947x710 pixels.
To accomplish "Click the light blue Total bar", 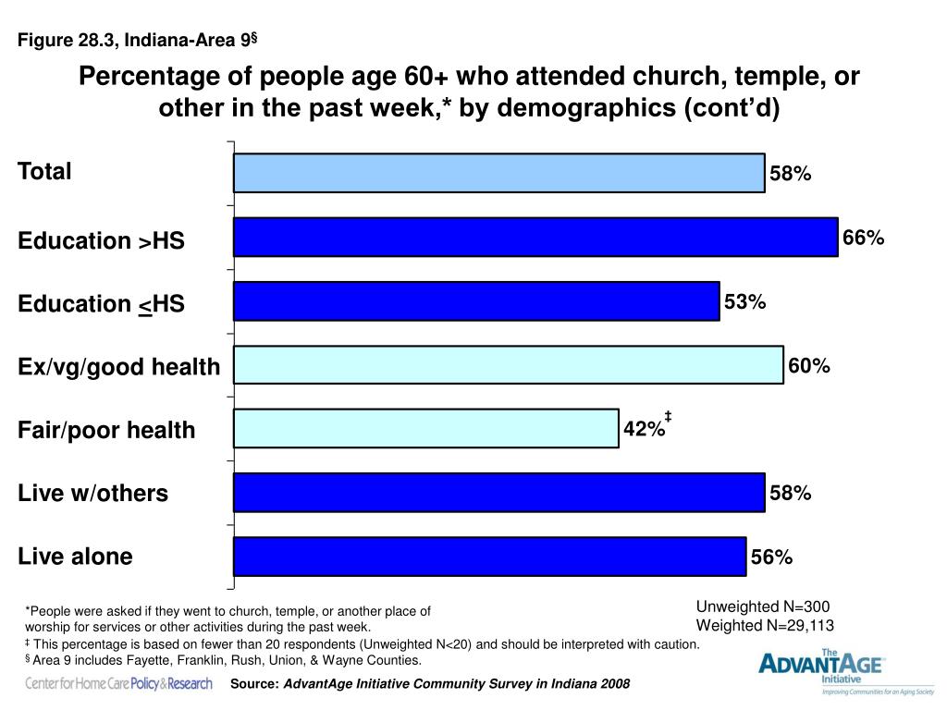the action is (499, 173).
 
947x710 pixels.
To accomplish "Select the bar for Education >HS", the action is (535, 238).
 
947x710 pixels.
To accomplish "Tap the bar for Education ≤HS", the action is (476, 301).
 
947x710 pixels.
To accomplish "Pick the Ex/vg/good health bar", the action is (509, 364).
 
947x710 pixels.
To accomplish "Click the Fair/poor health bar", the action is (426, 429).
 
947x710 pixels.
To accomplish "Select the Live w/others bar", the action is (499, 493).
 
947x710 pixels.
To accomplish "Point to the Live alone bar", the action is (490, 557).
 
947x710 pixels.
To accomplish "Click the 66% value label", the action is (863, 238).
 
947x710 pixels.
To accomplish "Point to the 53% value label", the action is (744, 302).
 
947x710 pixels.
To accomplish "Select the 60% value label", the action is (808, 366).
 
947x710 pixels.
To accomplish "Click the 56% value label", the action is (771, 557).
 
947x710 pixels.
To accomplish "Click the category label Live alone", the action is (75, 556).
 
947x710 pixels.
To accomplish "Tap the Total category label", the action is (44, 171).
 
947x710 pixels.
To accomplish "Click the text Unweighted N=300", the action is (763, 606).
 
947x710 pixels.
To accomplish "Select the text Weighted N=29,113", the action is (765, 626).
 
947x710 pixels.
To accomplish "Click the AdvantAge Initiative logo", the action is (845, 671).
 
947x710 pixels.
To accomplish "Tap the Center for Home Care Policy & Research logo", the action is (118, 683).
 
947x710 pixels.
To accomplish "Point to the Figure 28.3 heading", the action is (137, 40).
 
